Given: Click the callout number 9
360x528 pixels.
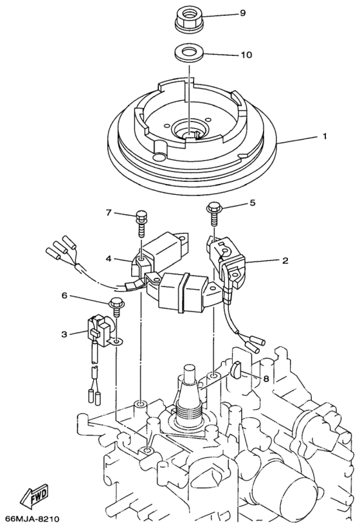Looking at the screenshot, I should coord(242,13).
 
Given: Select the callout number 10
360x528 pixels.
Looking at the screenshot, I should coord(245,55).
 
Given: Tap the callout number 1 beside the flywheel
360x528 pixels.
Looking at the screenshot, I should coord(325,136).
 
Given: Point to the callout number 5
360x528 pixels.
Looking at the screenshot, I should coord(253,203).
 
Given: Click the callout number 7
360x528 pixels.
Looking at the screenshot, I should coord(109,212).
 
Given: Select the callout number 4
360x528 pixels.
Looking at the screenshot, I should coord(109,260).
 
